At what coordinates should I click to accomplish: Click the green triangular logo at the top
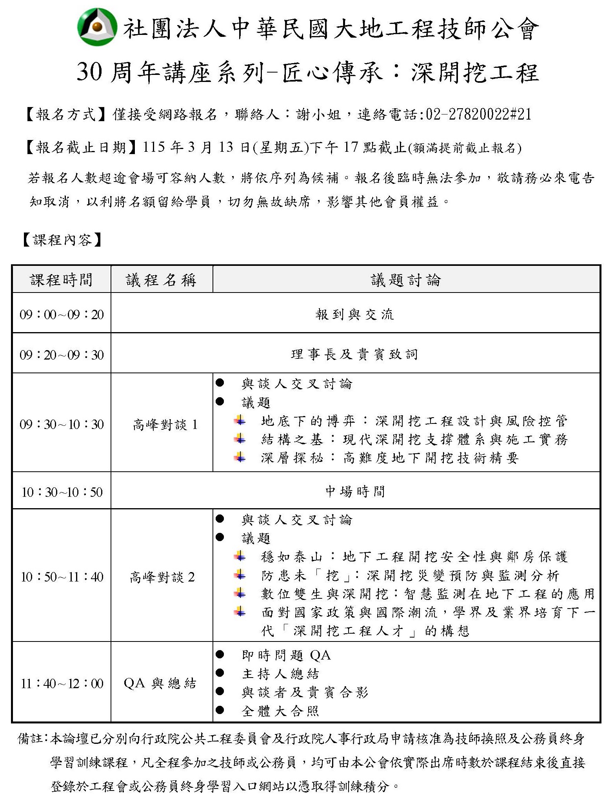coord(97,27)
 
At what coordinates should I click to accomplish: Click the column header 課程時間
coord(62,280)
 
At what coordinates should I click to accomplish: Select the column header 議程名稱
coord(161,280)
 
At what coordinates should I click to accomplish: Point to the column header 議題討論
coord(406,280)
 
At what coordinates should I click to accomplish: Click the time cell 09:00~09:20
coord(62,314)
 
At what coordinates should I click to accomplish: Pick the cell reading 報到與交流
coord(355,314)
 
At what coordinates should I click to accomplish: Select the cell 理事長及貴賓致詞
coord(355,354)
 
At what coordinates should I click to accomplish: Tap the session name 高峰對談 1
coord(165,425)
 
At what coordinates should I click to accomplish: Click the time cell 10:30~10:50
coord(62,492)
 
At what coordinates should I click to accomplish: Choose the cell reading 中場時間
coord(355,491)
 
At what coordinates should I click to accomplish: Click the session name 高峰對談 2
coord(162,577)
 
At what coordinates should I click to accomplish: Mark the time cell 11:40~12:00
coord(62,684)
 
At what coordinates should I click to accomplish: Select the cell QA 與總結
coord(160,683)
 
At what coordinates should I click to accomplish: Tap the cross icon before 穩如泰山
coord(240,556)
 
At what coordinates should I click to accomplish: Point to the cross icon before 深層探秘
coord(240,457)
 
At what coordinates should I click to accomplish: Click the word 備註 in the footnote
coord(31,739)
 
